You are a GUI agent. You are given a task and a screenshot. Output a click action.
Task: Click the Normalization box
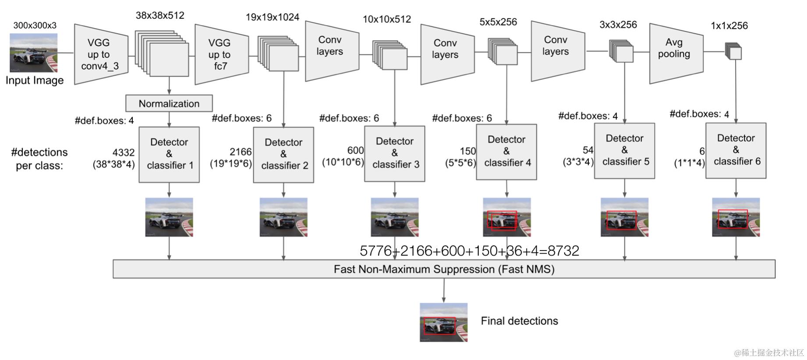tap(169, 103)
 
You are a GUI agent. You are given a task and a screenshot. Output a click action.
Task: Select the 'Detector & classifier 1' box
tap(169, 154)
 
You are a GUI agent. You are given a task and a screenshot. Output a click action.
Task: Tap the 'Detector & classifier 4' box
tap(506, 152)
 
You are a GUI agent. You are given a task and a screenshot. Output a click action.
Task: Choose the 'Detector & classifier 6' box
tap(736, 150)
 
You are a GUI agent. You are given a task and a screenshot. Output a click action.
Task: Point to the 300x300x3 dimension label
tap(35, 25)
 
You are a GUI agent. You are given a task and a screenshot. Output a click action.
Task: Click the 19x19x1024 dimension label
tap(272, 18)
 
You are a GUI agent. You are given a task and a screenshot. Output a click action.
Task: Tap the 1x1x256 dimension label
tap(729, 26)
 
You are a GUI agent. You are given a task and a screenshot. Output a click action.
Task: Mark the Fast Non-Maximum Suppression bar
tap(444, 269)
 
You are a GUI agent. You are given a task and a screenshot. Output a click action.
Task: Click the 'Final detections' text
tap(519, 321)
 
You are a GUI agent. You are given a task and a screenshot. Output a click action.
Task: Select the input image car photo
tap(34, 53)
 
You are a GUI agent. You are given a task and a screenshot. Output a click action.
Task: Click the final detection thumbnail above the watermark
tap(443, 322)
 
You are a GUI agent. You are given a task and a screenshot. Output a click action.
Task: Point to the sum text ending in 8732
tap(469, 251)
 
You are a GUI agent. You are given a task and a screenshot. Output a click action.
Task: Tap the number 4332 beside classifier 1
tap(123, 152)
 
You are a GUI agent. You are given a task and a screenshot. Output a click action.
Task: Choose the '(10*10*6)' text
tap(343, 162)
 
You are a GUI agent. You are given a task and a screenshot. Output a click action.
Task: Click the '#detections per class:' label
tap(39, 159)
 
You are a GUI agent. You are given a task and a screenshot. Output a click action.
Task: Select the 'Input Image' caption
tap(35, 81)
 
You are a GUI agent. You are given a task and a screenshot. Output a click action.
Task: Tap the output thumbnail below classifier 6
tap(736, 217)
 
